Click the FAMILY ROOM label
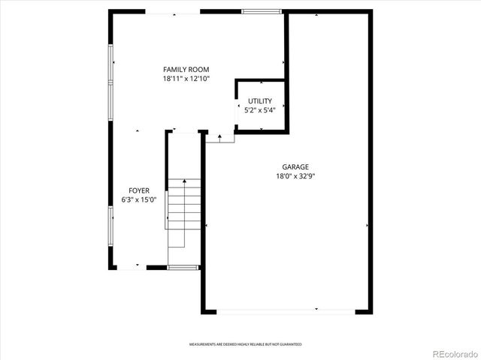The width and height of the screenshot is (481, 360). [186, 69]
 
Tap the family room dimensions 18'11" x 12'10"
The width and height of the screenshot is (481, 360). [186, 78]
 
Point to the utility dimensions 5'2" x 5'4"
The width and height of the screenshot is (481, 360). [260, 110]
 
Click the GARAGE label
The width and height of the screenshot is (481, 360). [295, 167]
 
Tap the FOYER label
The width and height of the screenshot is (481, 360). [138, 190]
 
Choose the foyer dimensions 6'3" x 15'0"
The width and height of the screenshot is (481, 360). [138, 200]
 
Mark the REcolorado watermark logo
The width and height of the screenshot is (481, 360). [452, 352]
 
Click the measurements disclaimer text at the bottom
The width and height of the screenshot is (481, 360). [245, 344]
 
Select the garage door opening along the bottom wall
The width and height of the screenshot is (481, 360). [287, 310]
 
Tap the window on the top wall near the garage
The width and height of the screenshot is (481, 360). [262, 12]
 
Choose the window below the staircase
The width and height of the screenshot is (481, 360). [183, 267]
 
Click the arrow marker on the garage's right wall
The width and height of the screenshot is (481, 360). [368, 225]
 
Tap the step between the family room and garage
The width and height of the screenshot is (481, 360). [219, 138]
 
